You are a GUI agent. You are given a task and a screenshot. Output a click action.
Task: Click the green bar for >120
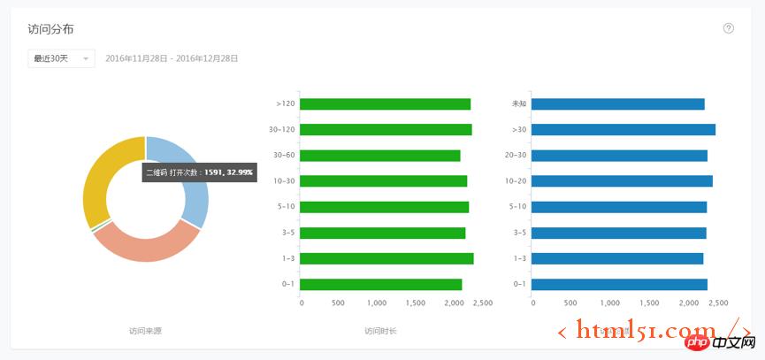click(386, 103)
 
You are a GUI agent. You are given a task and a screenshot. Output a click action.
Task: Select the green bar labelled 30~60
click(380, 156)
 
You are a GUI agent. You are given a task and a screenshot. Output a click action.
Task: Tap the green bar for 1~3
click(387, 258)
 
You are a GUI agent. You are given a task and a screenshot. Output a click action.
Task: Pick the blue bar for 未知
click(618, 103)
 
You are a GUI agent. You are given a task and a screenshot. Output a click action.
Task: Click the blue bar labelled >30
click(623, 130)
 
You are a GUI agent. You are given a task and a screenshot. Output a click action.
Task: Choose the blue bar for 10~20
click(622, 181)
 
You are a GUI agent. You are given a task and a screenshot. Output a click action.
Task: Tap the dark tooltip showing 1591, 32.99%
click(199, 172)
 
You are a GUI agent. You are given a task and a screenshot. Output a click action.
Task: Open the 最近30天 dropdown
click(61, 58)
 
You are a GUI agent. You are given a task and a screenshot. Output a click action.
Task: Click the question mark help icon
click(729, 28)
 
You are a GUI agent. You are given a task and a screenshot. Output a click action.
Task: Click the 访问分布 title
click(50, 29)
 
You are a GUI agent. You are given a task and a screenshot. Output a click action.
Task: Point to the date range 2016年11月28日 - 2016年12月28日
click(172, 58)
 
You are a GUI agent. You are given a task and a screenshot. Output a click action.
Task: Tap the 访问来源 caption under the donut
click(145, 331)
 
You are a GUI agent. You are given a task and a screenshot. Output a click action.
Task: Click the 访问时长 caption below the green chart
click(380, 331)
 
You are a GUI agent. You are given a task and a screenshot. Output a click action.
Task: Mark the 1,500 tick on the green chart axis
click(414, 303)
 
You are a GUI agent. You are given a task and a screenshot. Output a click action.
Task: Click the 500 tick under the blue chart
click(569, 303)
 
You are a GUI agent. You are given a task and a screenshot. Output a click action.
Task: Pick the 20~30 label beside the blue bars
click(516, 156)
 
